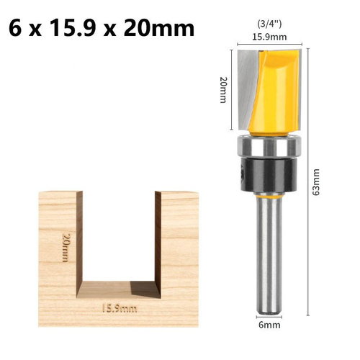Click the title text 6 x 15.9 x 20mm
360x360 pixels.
coord(102,28)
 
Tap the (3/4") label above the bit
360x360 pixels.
coord(269,24)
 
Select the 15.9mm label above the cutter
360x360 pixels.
coord(269,37)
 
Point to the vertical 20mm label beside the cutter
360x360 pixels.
coord(223,90)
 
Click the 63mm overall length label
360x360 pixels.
coord(316,182)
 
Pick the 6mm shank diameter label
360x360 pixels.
coord(269,325)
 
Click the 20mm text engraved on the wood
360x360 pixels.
coord(66,248)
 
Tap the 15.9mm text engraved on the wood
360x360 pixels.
coord(120,308)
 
